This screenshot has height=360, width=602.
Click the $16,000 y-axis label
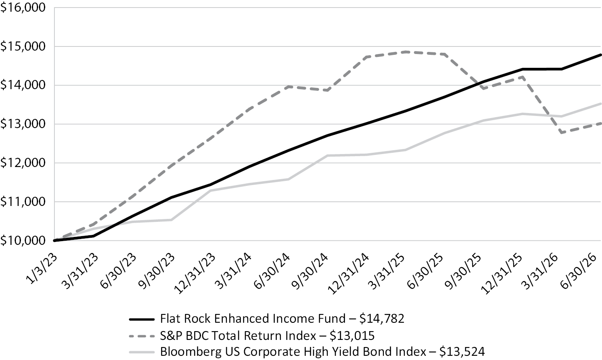click(23, 8)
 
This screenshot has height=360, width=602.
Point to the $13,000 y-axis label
click(23, 124)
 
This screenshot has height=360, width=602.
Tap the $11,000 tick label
click(23, 202)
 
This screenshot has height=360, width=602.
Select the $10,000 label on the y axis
click(23, 241)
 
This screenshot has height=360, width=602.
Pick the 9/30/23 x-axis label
click(157, 271)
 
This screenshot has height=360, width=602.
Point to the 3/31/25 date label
click(387, 271)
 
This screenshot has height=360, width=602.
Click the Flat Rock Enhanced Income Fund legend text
click(253, 319)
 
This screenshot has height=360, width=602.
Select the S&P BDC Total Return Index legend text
click(238, 336)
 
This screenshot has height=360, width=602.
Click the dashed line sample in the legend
click(142, 336)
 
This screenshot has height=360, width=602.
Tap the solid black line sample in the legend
click(142, 319)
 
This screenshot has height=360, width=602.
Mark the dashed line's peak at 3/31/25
click(407, 52)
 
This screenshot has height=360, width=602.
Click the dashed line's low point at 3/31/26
click(561, 132)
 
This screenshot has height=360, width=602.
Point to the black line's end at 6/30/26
click(600, 55)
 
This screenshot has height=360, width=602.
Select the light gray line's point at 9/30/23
click(172, 220)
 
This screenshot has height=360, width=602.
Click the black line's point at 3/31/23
click(93, 236)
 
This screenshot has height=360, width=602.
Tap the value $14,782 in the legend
click(382, 319)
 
